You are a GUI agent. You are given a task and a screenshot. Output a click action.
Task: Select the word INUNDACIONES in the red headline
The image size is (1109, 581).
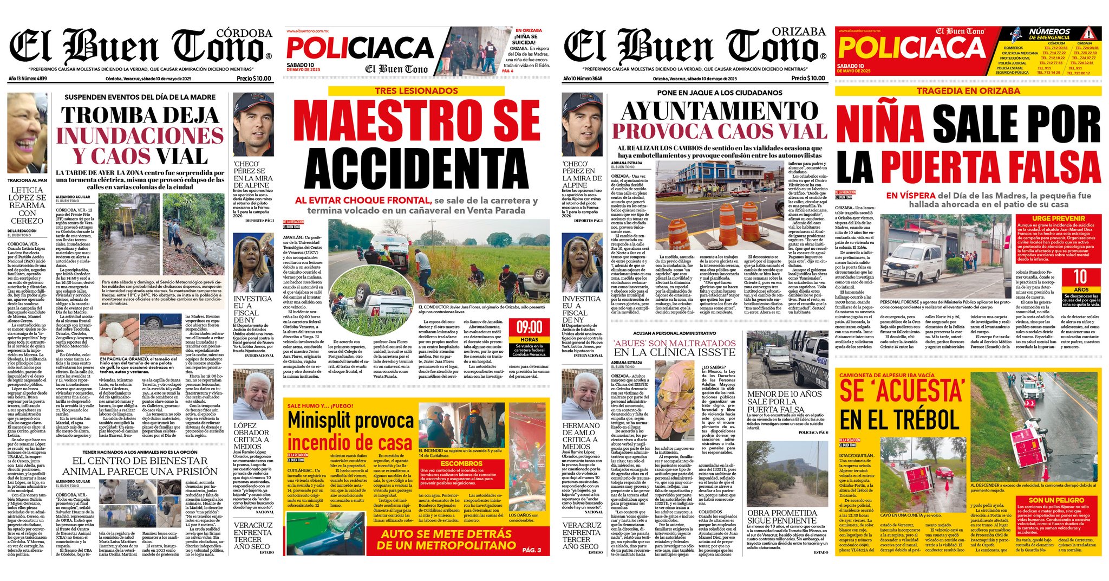pos(140,135)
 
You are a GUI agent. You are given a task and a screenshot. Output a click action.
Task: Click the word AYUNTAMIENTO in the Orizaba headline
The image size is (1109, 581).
pos(720,111)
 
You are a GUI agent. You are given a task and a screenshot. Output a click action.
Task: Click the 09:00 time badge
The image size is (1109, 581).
pos(529,327)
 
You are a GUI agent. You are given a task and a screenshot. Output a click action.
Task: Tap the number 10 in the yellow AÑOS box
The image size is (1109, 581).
pos(1080,277)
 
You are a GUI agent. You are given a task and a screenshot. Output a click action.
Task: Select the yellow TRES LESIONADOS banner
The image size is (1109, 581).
pos(416,91)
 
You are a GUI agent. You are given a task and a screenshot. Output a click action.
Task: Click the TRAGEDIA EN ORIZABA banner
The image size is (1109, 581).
pos(968,91)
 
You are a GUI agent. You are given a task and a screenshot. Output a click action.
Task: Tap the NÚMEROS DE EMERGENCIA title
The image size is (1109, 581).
pos(1049,34)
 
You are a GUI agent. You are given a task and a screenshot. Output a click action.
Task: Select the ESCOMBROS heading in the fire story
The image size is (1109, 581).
pos(461,463)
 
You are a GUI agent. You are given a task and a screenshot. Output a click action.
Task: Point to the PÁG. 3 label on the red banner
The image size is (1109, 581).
pos(531,550)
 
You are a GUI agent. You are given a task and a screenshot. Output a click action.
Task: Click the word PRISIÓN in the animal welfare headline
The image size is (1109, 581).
pos(187,472)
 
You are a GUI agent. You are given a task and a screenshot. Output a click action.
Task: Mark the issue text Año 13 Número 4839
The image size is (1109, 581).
pos(28,79)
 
